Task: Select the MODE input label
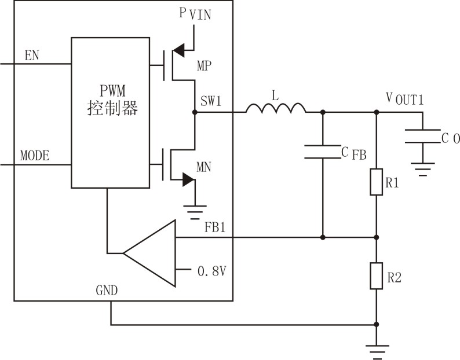coord(35,156)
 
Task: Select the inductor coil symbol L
coord(276,108)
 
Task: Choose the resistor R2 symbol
coord(377,275)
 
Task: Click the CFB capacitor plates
coord(322,151)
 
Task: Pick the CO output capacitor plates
coord(423,137)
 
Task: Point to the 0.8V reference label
coord(211,270)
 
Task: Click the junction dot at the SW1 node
coord(195,112)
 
